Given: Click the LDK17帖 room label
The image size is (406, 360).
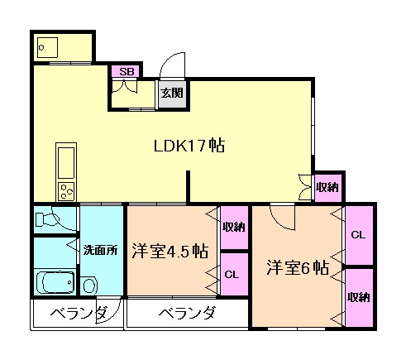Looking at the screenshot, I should click(x=190, y=145).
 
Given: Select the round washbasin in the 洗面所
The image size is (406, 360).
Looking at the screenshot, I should click(x=90, y=286).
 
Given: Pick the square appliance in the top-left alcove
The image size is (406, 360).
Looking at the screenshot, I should click(x=45, y=47).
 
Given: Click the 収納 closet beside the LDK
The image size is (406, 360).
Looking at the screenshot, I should click(x=327, y=188).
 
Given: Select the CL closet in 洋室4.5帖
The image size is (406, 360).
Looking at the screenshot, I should click(x=234, y=274).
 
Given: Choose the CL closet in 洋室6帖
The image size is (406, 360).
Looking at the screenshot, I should click(x=358, y=235).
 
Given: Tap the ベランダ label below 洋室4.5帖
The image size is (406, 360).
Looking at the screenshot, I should click(x=188, y=314).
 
